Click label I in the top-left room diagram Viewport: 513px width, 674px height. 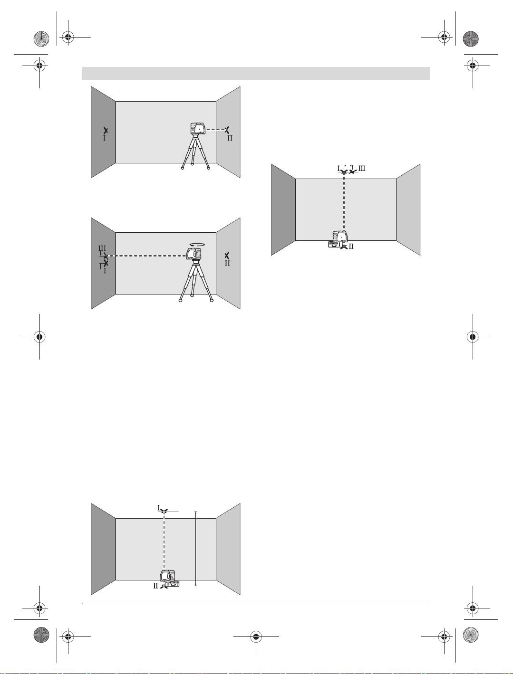pos(104,139)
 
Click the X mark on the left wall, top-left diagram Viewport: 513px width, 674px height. pos(106,130)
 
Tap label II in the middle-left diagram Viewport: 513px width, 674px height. pos(227,263)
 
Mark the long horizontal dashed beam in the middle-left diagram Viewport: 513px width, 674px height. pos(147,256)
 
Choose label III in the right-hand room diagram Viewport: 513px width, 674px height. pos(361,169)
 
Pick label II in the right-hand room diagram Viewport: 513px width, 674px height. pos(351,247)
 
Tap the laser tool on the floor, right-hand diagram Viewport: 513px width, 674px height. pos(340,239)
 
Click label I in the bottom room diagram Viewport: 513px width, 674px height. pos(158,507)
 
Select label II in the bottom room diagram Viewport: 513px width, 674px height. pos(155,586)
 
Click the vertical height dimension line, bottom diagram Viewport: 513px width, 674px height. pos(195,549)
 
